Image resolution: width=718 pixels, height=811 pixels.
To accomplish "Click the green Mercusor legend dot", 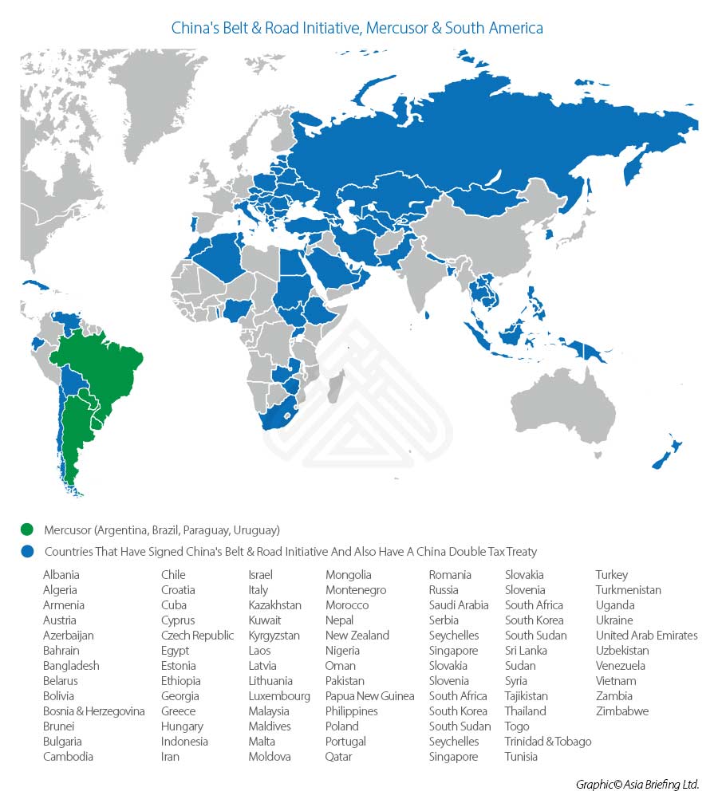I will [x=28, y=530].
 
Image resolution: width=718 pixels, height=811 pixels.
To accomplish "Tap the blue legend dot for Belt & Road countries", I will [x=28, y=551].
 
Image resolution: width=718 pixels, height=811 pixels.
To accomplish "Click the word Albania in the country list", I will [x=61, y=575].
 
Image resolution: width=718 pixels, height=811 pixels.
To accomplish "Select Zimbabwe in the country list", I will [x=622, y=711].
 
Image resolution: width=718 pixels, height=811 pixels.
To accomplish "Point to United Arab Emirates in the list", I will [x=646, y=636].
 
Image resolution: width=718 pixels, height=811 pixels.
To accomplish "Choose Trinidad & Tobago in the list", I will [x=548, y=742].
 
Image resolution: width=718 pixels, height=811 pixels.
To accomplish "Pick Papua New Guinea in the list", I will [x=369, y=696].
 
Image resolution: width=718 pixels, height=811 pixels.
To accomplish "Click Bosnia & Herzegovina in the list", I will [x=94, y=711].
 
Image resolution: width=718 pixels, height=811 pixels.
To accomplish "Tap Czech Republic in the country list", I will [x=197, y=636].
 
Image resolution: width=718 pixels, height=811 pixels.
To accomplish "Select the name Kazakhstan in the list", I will [x=274, y=605].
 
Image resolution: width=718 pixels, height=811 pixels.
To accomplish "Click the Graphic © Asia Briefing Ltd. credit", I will [x=637, y=785].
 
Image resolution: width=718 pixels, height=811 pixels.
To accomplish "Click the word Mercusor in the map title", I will [x=397, y=28].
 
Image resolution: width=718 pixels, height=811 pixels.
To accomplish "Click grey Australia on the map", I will [x=558, y=407].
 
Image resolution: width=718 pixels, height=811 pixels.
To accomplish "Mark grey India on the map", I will [x=423, y=279].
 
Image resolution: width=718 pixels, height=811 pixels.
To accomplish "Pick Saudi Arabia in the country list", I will [x=459, y=605].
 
